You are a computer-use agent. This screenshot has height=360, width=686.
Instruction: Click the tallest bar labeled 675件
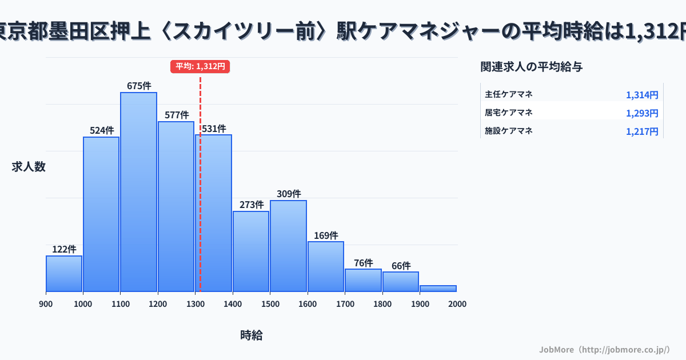(138, 191)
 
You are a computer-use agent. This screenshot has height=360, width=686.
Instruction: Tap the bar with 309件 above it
(288, 246)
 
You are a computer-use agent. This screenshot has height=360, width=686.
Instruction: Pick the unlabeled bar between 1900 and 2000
(438, 288)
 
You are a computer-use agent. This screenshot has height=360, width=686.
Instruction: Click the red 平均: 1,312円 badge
(200, 66)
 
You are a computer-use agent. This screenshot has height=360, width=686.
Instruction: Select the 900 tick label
(46, 304)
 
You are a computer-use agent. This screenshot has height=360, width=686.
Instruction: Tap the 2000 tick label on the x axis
(457, 304)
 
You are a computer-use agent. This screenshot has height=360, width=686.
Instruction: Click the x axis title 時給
(252, 335)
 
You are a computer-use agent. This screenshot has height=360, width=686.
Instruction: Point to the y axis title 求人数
(29, 167)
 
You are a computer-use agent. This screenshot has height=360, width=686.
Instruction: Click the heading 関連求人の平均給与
(532, 67)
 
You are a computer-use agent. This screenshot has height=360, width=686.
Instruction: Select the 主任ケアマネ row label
(509, 94)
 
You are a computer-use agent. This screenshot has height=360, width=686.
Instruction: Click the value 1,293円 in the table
(642, 113)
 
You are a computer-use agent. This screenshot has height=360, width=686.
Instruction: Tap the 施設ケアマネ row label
(509, 131)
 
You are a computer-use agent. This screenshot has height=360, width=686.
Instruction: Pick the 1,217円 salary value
(642, 131)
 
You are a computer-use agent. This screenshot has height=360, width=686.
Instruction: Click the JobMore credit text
(604, 349)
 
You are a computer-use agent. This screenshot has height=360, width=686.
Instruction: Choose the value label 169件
(326, 235)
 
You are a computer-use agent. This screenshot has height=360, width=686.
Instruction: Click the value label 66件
(401, 266)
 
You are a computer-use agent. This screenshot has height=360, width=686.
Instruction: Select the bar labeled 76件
(363, 280)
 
